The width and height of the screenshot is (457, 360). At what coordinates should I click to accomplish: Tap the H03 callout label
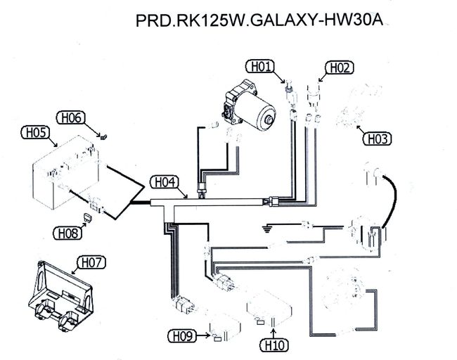point(377,139)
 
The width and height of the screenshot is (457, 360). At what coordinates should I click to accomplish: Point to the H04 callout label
point(164,182)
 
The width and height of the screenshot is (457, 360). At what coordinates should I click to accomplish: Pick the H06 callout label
point(72,117)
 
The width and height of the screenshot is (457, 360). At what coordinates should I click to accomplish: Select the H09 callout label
point(181,335)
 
